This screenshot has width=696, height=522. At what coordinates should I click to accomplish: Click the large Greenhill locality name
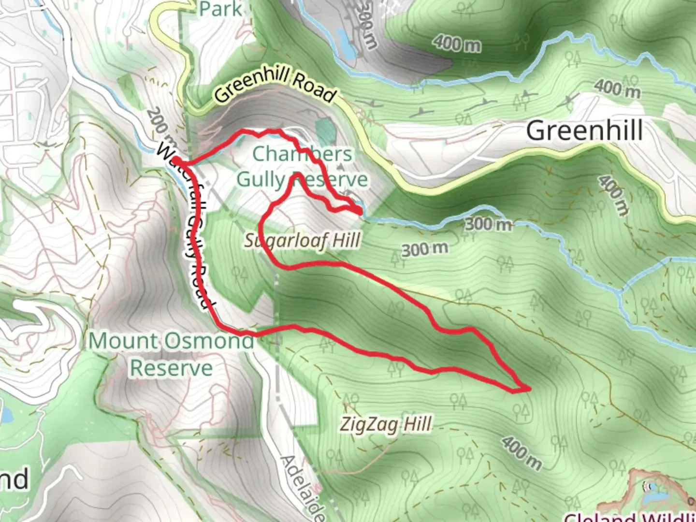pos(584,131)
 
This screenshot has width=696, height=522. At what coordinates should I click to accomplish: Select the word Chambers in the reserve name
pos(302,154)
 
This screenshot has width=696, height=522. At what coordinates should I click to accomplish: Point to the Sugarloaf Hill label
pos(302,240)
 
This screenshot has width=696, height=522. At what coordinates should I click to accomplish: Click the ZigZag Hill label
pos(385,425)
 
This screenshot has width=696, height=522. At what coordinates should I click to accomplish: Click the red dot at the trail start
pos(176,160)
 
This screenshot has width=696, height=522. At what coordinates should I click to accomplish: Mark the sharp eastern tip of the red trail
pos(530,388)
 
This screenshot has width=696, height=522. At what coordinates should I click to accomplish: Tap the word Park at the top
pos(220,8)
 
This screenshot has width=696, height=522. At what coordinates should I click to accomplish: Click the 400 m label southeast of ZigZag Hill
pos(521,452)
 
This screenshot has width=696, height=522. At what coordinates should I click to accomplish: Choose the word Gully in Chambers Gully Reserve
pos(261,180)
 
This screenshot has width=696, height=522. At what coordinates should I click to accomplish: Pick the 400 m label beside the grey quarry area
pos(457,43)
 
